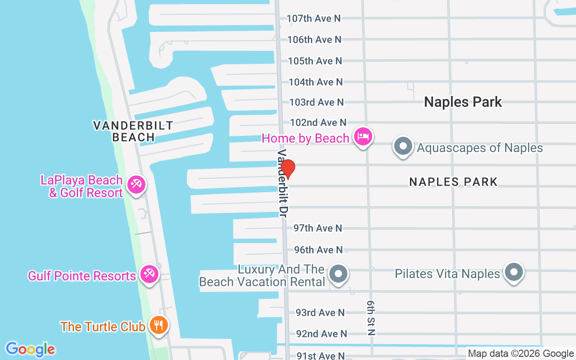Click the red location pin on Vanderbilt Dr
pos(288,169)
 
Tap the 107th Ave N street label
pos(314,18)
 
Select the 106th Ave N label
pos(314,40)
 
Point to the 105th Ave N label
pos(315,61)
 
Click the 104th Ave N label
pos(315,82)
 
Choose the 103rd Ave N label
pos(316,102)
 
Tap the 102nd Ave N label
pos(318,122)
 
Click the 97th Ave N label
pos(318,228)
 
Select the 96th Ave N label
pos(318,250)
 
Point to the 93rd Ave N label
pos(320,312)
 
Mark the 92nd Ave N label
pos(321,334)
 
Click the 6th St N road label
pos(371,318)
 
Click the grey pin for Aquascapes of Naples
pos(403,146)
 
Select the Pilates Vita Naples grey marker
pos(513,272)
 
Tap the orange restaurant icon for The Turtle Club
pos(158,324)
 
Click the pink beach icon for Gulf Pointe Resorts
pos(148,274)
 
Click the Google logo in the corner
pos(30,349)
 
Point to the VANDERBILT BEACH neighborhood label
pos(133,131)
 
